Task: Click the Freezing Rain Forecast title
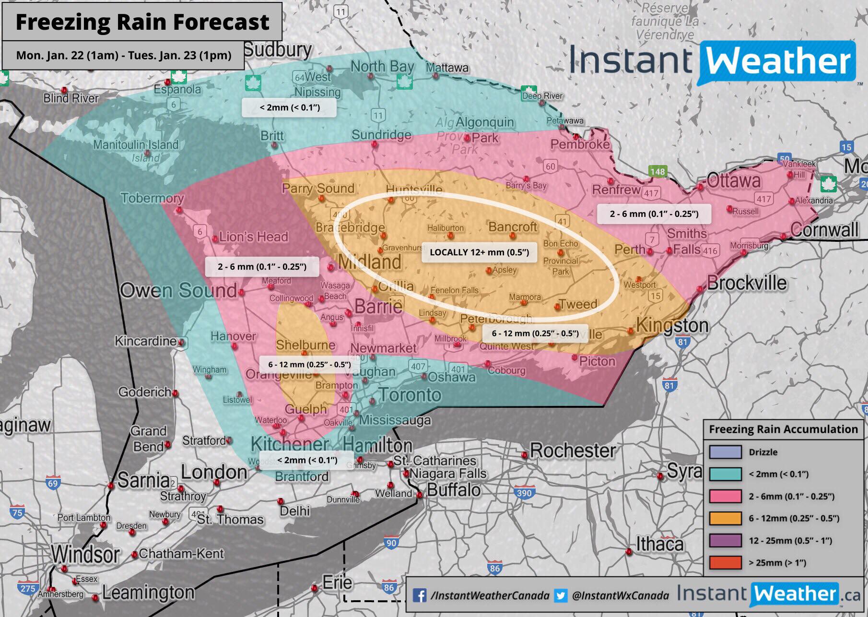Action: [x=142, y=22]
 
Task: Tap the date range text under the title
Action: [x=124, y=55]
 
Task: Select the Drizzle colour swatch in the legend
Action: [x=725, y=452]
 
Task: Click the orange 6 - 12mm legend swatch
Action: [x=725, y=518]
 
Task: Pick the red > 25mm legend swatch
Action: [x=725, y=562]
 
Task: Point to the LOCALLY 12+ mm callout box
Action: [x=479, y=252]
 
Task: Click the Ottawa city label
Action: [x=734, y=181]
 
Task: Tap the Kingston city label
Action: [x=672, y=326]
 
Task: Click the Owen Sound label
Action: [x=178, y=290]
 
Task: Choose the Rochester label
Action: [x=573, y=451]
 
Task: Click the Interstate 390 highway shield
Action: [x=524, y=493]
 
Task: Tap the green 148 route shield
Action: [x=657, y=171]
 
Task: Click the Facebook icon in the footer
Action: [x=420, y=595]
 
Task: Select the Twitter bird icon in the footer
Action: [x=560, y=595]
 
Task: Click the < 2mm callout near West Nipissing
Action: [x=289, y=107]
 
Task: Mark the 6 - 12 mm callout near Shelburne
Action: [x=309, y=364]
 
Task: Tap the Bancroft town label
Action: [x=512, y=226]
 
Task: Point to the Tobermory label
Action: [x=152, y=198]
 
